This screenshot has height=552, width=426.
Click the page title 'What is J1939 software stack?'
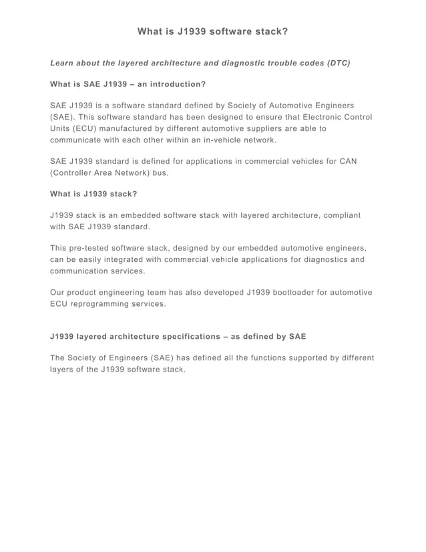pyautogui.click(x=212, y=31)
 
